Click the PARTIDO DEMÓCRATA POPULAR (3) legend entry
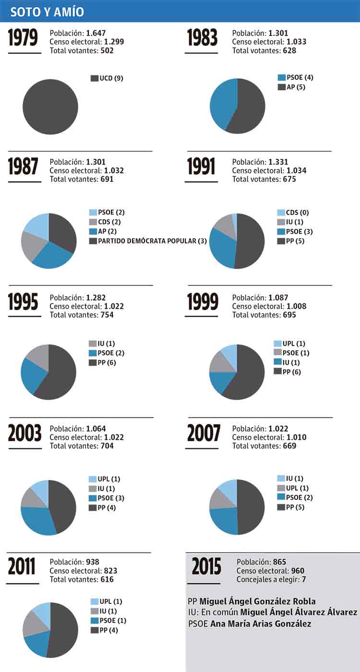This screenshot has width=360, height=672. [x=148, y=241]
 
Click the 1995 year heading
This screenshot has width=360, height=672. [x=23, y=302]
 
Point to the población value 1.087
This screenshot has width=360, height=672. [x=278, y=298]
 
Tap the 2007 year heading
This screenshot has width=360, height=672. [x=204, y=433]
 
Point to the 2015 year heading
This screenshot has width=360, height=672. [x=207, y=567]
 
